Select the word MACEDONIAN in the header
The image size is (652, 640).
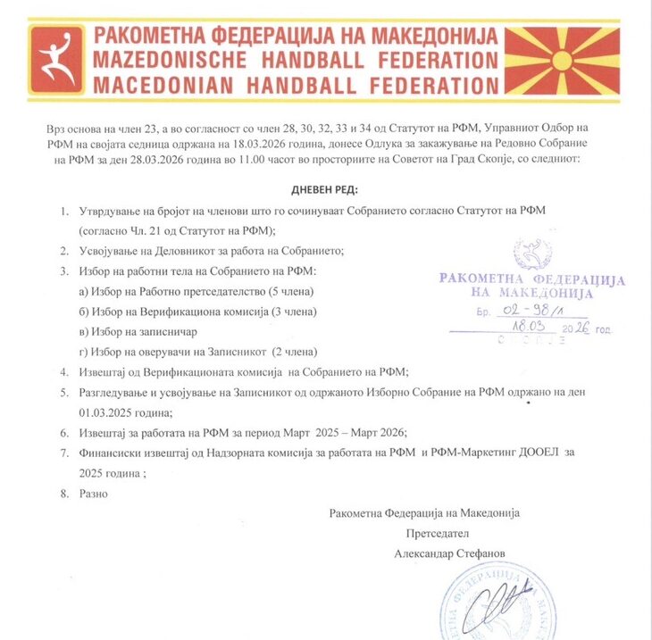tap(171, 86)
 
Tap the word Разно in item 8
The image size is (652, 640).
tap(93, 493)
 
